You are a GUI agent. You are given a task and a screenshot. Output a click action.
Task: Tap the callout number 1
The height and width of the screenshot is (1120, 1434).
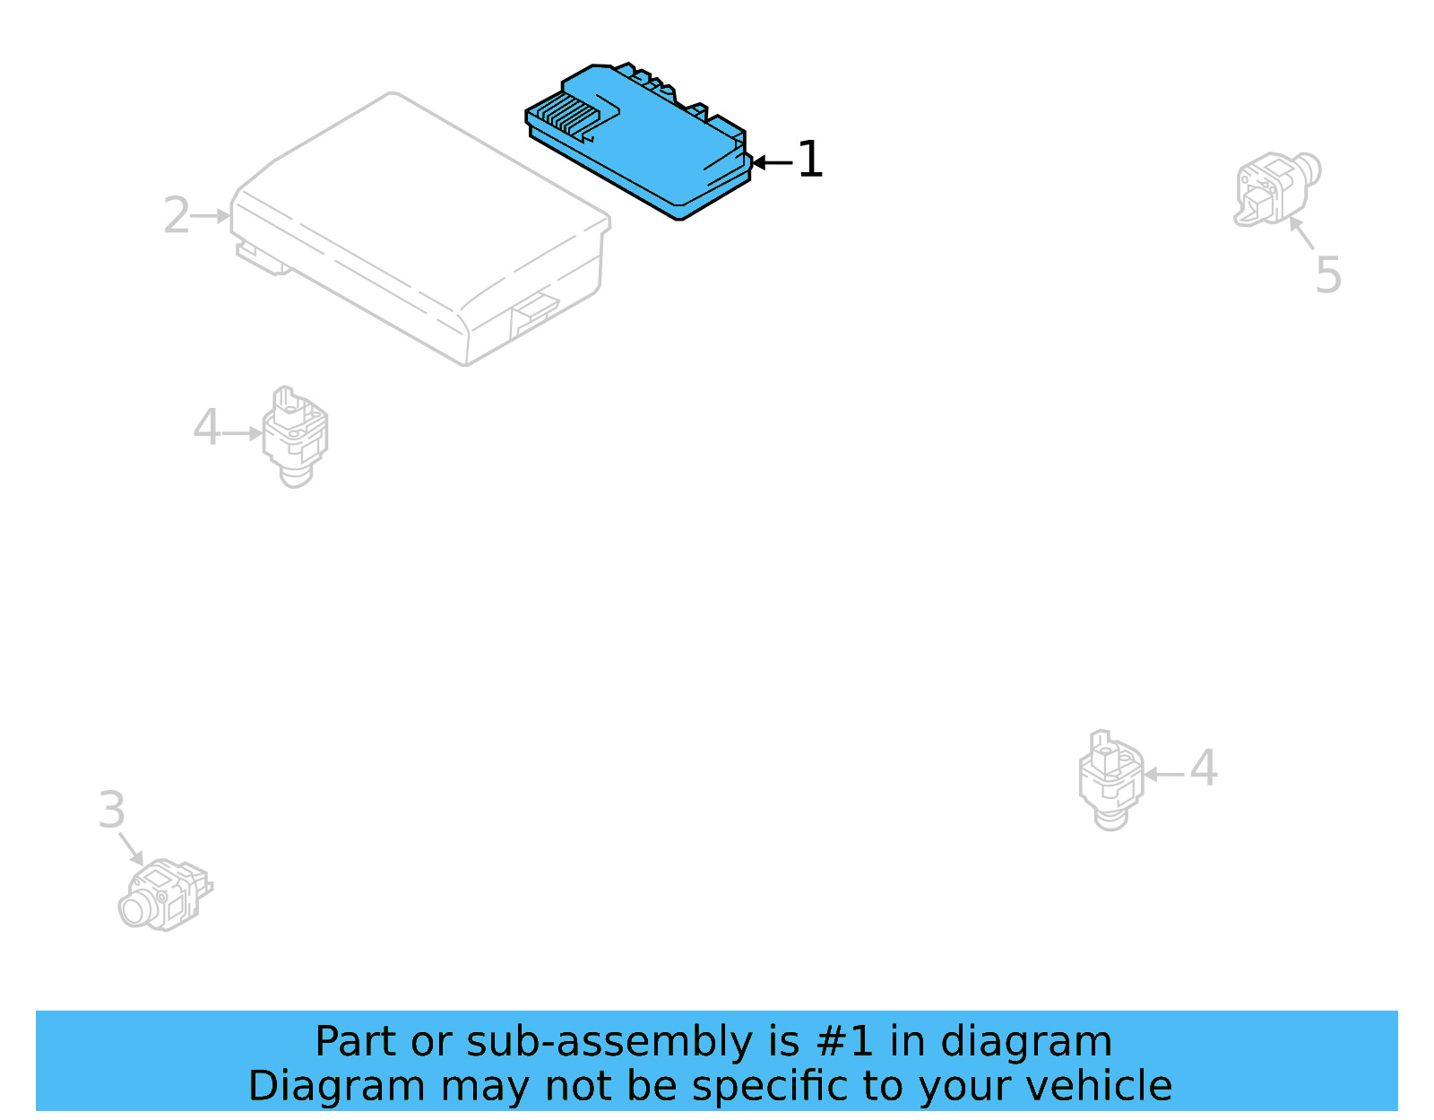[x=809, y=160]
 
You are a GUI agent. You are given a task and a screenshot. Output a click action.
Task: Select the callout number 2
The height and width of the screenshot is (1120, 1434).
[x=176, y=216]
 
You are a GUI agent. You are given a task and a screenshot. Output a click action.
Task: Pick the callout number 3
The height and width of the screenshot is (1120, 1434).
[x=111, y=811]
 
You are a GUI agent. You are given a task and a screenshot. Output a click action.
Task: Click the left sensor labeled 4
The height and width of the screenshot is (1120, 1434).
[x=295, y=436]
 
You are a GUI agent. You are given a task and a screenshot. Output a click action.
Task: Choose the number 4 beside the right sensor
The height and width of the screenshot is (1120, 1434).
[x=1203, y=768]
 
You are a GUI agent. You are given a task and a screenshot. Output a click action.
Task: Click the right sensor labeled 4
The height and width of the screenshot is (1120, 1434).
[x=1110, y=778]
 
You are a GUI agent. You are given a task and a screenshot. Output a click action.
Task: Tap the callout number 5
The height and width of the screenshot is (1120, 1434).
[x=1328, y=274]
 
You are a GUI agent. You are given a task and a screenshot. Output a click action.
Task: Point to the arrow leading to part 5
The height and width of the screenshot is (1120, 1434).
[x=1301, y=233]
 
